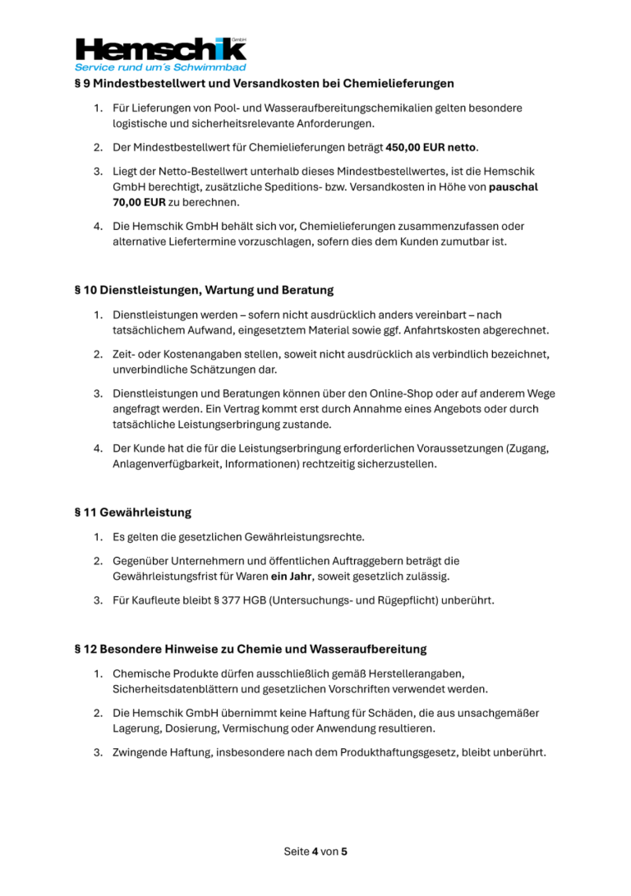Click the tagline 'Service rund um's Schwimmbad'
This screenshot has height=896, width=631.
pos(160,67)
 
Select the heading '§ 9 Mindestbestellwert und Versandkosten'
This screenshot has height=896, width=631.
pos(264,84)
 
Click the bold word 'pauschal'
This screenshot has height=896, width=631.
pos(514,187)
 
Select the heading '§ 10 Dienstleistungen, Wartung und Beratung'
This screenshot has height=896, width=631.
pos(204,290)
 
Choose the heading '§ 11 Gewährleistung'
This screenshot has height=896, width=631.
pos(132,512)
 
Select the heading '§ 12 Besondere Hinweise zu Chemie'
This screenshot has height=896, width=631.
pos(251,649)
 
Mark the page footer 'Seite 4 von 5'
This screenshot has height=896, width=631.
pos(315,852)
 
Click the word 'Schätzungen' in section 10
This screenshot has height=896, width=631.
pos(215,370)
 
